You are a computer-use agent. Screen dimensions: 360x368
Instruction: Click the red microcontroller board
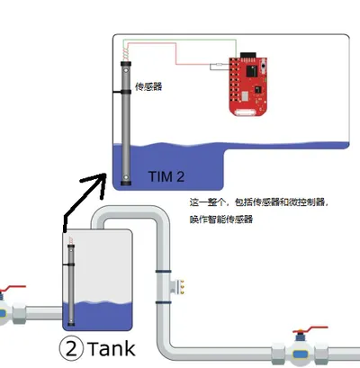click(x=248, y=86)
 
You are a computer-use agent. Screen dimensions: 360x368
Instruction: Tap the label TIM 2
click(x=166, y=176)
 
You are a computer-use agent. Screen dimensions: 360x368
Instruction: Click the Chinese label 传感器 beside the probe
click(x=148, y=86)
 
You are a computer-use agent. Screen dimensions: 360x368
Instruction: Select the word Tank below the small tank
click(x=112, y=349)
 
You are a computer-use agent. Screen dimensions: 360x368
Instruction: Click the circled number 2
click(x=71, y=348)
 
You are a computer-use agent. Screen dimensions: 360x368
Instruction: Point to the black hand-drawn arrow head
click(x=97, y=183)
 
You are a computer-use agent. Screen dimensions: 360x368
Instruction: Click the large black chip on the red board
click(x=252, y=71)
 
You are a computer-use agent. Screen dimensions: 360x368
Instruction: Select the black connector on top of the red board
click(x=248, y=56)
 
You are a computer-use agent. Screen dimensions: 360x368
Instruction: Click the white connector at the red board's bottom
click(x=246, y=112)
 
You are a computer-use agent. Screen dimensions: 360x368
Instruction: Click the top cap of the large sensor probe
click(x=126, y=64)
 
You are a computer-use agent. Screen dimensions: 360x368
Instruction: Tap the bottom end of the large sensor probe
click(x=126, y=182)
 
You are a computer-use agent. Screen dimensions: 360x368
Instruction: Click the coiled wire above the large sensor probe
click(x=126, y=54)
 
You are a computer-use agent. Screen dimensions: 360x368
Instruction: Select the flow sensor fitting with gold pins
click(x=177, y=287)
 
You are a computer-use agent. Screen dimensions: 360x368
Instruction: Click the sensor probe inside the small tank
click(x=71, y=285)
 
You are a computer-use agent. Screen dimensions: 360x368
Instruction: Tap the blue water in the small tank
click(x=98, y=316)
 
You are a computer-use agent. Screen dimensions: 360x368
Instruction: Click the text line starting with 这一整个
click(x=259, y=202)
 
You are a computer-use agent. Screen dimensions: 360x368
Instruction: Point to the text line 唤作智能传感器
click(x=221, y=220)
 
